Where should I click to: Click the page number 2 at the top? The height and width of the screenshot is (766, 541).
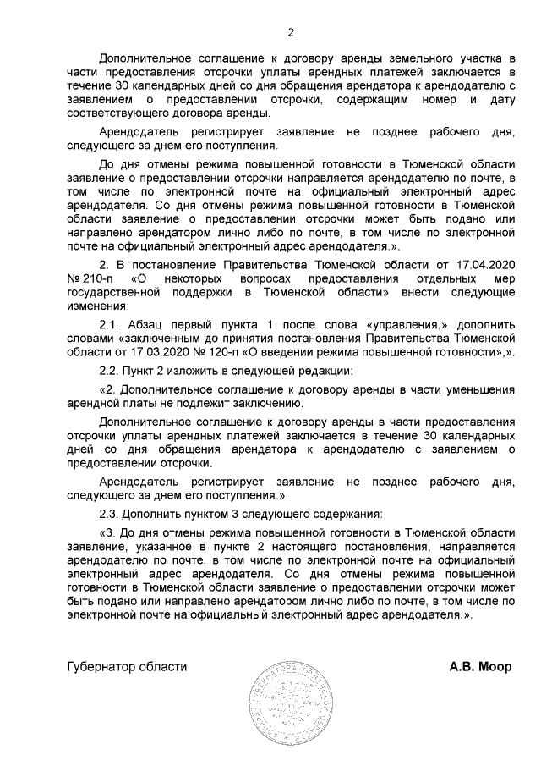coord(291,33)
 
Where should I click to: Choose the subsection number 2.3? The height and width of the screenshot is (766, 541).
coord(111,514)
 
